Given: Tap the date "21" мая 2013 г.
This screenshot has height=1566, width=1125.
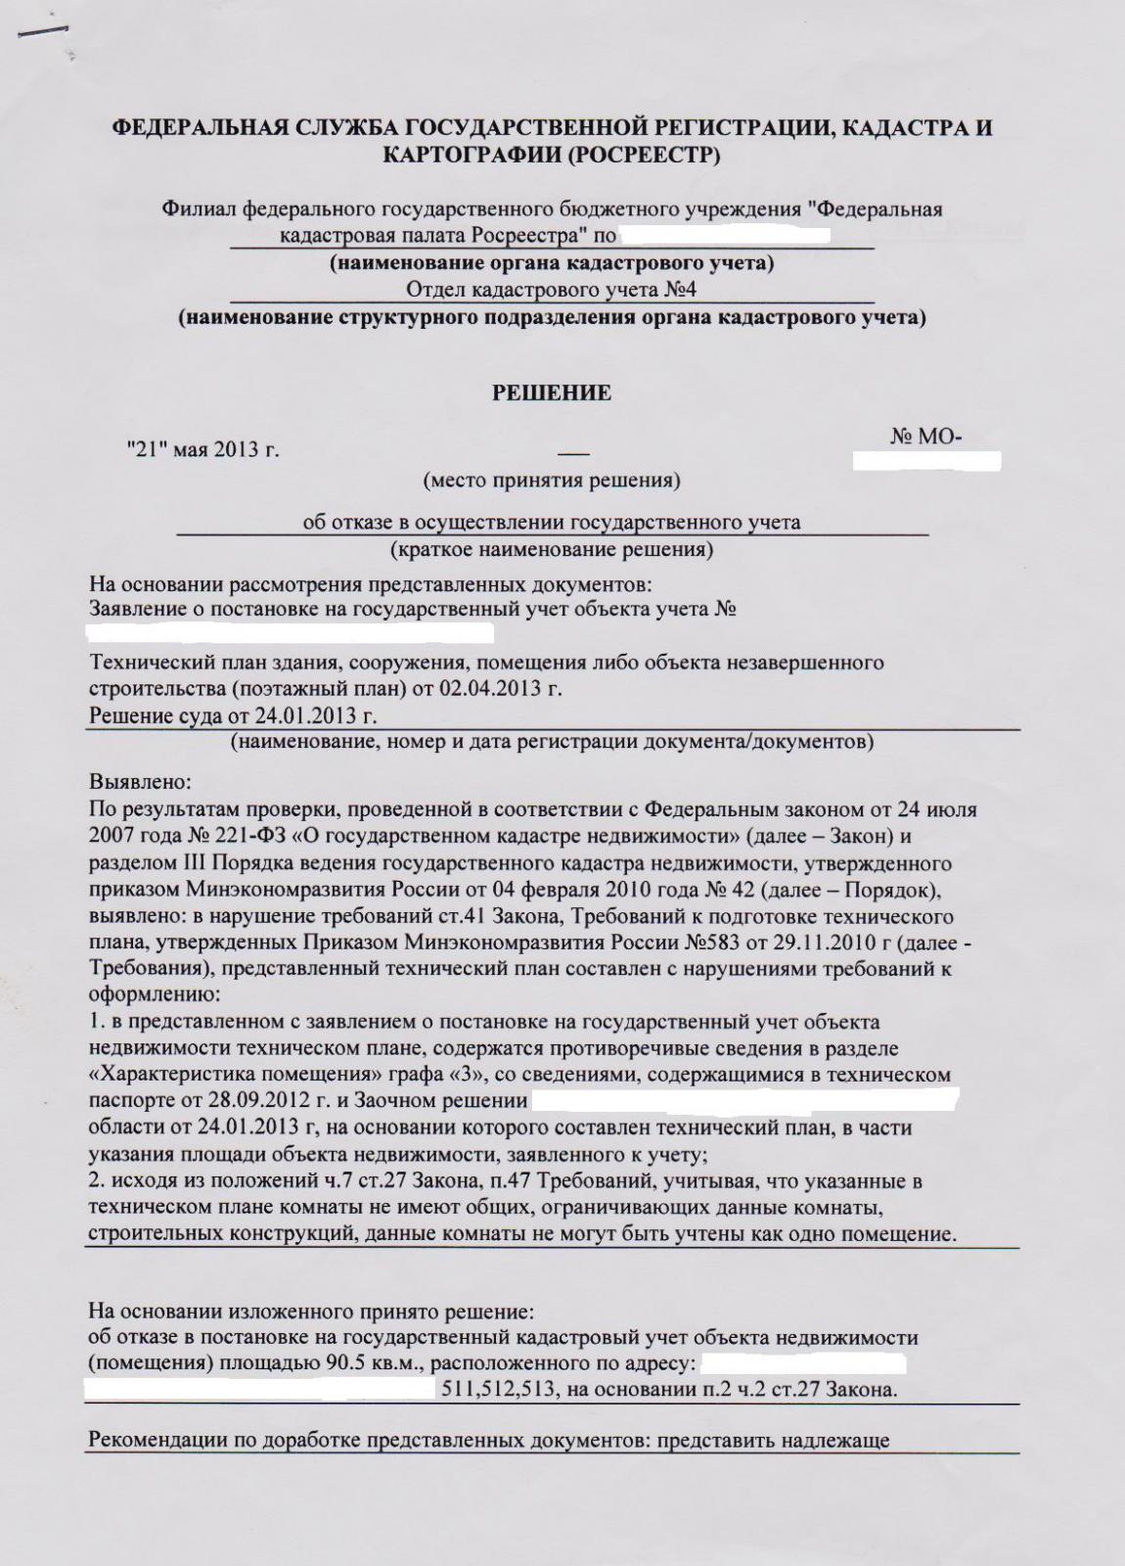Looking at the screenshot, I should tap(203, 450).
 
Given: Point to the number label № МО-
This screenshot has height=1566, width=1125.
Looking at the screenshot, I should tap(925, 438).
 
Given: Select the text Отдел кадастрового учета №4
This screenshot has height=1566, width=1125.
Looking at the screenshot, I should tap(551, 290).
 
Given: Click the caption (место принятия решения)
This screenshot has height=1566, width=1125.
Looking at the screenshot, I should tap(552, 481).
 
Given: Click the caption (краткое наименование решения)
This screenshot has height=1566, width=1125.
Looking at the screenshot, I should tap(552, 549).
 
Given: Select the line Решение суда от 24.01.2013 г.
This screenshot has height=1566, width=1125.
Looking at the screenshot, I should tap(234, 715).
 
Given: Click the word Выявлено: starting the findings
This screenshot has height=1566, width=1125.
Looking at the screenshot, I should tap(141, 784).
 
